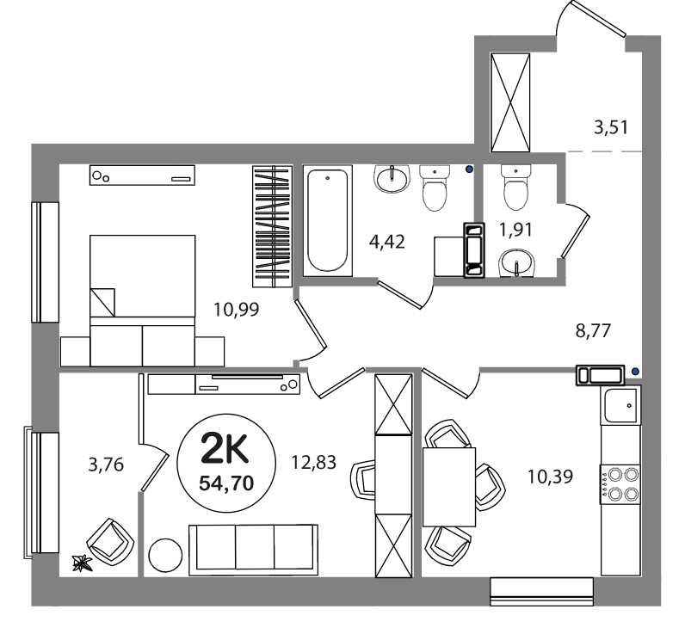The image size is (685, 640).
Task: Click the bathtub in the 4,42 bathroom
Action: coord(328,220)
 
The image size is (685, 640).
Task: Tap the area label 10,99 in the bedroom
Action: coord(237,310)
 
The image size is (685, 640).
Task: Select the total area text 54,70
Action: coord(226,483)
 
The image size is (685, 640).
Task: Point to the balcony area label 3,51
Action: coord(611,127)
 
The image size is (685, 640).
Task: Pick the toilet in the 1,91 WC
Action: coord(516,188)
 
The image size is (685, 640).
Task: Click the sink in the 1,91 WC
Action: coord(517,263)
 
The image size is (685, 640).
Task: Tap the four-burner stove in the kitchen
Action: coord(620,484)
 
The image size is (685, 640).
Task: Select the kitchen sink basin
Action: coord(620,404)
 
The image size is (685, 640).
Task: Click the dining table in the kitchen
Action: coord(449,487)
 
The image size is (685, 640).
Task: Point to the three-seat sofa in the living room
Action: coord(253,550)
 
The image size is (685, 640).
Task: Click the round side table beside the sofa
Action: coord(165,556)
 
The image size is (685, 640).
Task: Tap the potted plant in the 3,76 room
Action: coord(82,563)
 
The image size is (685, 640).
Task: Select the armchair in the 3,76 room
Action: coord(110,543)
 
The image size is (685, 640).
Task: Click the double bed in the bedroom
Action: coord(142,301)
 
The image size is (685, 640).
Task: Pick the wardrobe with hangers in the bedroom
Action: coord(273,226)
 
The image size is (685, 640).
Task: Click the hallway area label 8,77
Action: coord(593,331)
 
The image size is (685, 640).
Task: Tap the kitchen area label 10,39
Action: coord(550,477)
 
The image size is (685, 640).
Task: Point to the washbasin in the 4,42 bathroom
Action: coord(392,178)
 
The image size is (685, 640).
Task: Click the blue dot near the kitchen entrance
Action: coord(636,372)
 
